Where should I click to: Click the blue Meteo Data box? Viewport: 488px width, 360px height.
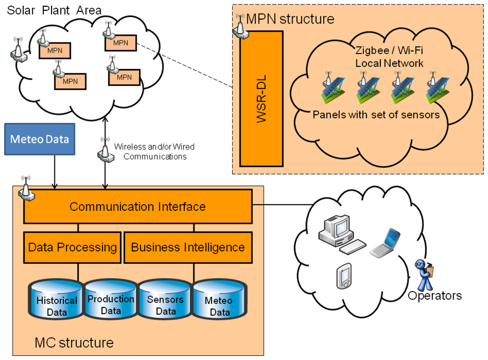[40, 139]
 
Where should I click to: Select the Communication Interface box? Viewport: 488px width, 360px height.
[138, 206]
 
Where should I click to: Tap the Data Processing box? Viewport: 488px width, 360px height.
[72, 248]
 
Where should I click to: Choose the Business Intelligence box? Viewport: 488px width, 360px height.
[188, 248]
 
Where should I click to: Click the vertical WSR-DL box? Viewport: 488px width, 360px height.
[262, 99]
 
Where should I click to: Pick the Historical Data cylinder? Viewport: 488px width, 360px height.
[56, 300]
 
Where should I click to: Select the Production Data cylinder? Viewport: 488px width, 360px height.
[111, 299]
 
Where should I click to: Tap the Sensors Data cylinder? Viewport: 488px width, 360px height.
[165, 299]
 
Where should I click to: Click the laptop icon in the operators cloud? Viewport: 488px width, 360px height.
[385, 243]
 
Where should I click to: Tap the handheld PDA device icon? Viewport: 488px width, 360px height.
[344, 276]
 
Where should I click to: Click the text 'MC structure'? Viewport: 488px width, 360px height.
[74, 342]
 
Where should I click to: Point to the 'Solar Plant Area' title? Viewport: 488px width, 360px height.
[54, 10]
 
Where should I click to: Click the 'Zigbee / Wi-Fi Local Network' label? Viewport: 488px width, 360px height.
[389, 57]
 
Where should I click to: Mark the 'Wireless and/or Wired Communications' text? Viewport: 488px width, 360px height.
[154, 151]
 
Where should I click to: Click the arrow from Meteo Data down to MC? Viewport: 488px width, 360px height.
[55, 172]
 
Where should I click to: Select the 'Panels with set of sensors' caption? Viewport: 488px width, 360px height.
[376, 115]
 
